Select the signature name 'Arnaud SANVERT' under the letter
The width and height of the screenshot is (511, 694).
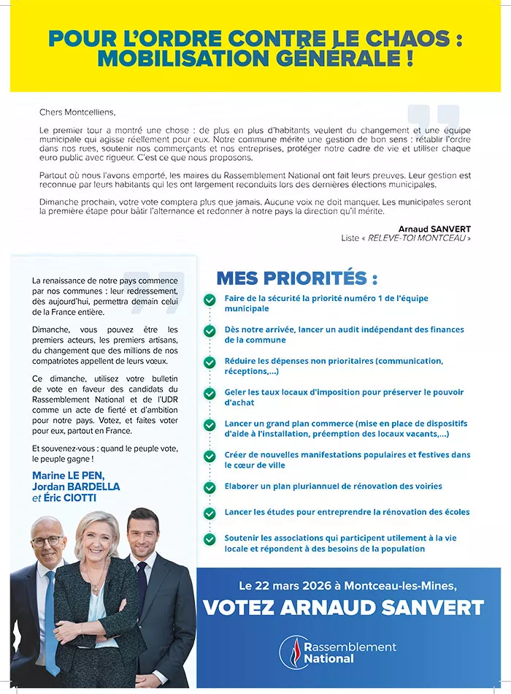[434, 229]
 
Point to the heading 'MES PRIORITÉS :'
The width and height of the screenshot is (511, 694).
[297, 278]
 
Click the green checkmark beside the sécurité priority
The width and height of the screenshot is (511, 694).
[210, 300]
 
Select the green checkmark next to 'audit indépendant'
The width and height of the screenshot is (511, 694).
[210, 331]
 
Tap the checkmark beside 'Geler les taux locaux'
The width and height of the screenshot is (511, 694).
[210, 393]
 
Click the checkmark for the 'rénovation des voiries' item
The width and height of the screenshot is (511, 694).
[210, 487]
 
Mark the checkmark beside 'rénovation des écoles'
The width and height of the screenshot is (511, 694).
[210, 513]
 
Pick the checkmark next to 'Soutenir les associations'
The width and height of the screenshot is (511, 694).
[210, 539]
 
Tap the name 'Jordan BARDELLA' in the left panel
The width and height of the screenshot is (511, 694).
[76, 487]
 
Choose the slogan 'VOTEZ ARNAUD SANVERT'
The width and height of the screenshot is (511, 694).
[343, 607]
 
